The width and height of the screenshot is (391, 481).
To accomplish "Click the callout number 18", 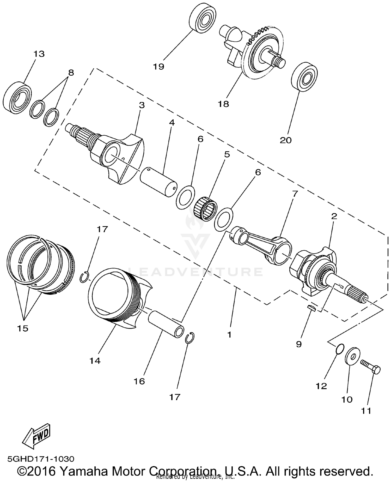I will tap(224, 104).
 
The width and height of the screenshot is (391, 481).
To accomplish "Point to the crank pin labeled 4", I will tap(158, 180).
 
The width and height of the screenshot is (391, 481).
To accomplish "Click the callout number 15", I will tap(23, 328).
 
